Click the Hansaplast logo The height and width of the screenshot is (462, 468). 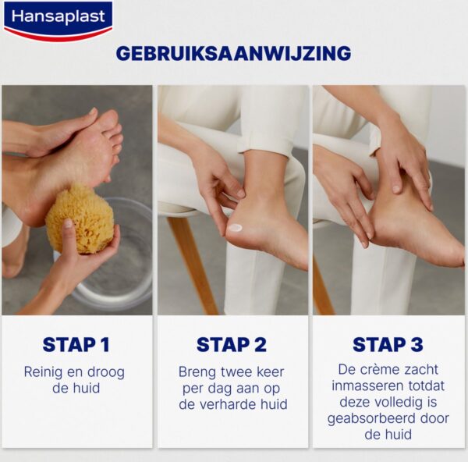(x=58, y=20)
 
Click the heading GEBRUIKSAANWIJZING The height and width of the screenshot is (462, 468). (x=233, y=53)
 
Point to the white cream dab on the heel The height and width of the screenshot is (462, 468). (x=236, y=228)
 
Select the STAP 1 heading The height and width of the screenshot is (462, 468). (x=76, y=345)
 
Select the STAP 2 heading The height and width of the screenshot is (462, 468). (x=232, y=345)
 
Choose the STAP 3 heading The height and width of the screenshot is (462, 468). (x=388, y=345)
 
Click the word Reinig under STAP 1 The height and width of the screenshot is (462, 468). (x=43, y=373)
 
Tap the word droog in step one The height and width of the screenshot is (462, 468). (x=105, y=373)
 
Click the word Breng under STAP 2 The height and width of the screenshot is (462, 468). (x=197, y=373)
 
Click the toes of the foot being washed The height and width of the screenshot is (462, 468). (x=112, y=131)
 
